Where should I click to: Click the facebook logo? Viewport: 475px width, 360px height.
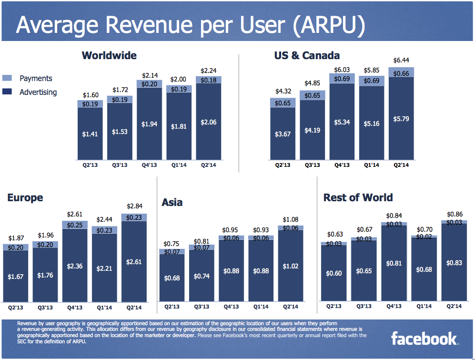(x=424, y=339)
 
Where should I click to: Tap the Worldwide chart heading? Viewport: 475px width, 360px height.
(x=109, y=55)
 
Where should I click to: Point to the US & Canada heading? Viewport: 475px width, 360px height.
(x=307, y=55)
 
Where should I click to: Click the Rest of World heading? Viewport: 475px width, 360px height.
(x=358, y=197)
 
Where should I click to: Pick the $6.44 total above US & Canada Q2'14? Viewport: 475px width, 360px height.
(x=401, y=61)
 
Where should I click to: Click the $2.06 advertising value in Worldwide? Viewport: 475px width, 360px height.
(x=209, y=123)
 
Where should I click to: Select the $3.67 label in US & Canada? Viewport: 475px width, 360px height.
(x=283, y=134)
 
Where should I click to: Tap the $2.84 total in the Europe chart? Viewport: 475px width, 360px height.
(x=134, y=206)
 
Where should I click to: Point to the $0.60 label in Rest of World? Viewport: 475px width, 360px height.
(x=334, y=273)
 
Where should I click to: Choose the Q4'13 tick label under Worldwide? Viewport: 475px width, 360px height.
(x=150, y=165)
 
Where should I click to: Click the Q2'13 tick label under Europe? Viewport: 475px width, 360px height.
(x=16, y=307)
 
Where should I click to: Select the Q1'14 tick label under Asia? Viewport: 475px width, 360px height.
(x=261, y=307)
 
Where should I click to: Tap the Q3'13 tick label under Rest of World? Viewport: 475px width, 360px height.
(x=364, y=306)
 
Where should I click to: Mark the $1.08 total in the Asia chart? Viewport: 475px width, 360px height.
(x=291, y=220)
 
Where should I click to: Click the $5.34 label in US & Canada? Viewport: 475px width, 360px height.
(x=342, y=123)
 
